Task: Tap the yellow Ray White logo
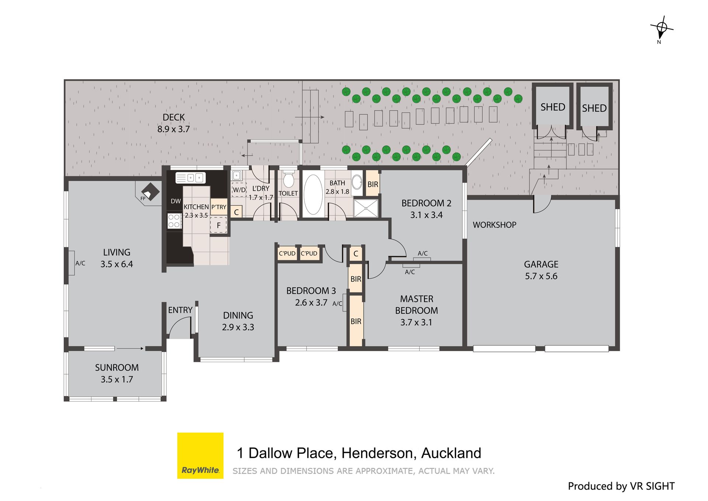tap(200, 456)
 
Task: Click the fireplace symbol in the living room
tap(150, 192)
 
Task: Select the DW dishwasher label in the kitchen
tap(176, 201)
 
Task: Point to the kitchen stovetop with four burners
tap(174, 221)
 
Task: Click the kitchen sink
tap(190, 178)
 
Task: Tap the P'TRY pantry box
tap(219, 207)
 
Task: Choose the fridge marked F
tap(219, 225)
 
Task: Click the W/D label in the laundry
tap(239, 190)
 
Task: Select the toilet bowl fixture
tap(288, 179)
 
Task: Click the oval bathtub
tap(313, 195)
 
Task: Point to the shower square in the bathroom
tap(366, 208)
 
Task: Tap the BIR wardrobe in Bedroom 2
tap(373, 184)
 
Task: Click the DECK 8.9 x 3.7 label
tap(174, 123)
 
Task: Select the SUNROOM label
tap(117, 368)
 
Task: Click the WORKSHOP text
tap(494, 225)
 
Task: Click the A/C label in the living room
tap(80, 263)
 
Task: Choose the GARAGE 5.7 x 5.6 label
tap(541, 270)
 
